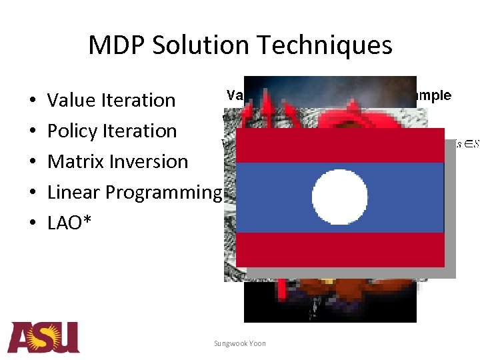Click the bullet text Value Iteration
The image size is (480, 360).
coord(111,101)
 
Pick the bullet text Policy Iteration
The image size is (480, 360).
coord(111,131)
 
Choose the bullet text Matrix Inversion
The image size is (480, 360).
coord(117,162)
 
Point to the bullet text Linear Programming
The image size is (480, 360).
coord(133,193)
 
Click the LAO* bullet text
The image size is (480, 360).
coord(70,223)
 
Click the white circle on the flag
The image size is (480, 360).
coord(339,197)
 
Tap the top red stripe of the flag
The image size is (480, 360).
coord(340,145)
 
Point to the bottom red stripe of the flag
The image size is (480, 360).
coord(340,249)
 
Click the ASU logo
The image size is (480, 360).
coord(43,337)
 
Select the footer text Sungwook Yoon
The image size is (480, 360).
coord(239,343)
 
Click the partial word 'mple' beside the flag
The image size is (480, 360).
coord(434,95)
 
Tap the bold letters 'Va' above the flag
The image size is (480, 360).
coord(235,95)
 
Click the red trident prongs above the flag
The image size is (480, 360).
coord(267,107)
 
